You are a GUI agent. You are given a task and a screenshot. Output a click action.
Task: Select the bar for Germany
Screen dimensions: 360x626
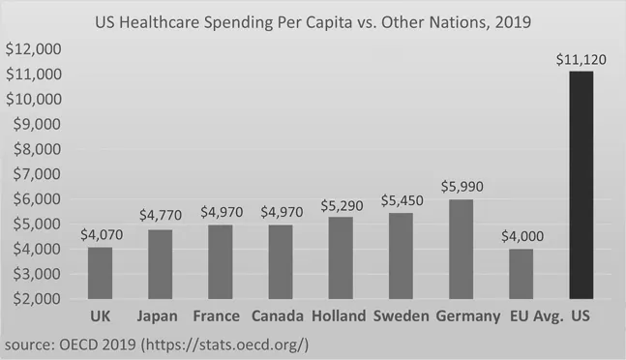(461, 249)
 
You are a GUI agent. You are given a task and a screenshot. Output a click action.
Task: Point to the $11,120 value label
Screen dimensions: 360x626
(581, 59)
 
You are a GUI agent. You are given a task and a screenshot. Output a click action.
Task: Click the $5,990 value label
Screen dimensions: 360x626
(461, 188)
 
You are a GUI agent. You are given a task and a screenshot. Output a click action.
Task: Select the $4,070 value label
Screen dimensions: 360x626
(100, 236)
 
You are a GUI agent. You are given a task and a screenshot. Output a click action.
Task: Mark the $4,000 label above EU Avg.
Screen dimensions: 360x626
(521, 237)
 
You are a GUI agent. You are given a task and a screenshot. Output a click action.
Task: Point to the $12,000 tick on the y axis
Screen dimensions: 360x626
(34, 49)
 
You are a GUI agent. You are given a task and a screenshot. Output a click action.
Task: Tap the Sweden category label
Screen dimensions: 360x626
(401, 316)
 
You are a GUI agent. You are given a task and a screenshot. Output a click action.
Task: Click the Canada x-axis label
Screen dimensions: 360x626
(280, 316)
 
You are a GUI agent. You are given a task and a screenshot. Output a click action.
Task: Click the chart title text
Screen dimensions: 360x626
(313, 20)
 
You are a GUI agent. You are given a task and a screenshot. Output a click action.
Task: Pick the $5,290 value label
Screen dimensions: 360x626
(341, 205)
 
